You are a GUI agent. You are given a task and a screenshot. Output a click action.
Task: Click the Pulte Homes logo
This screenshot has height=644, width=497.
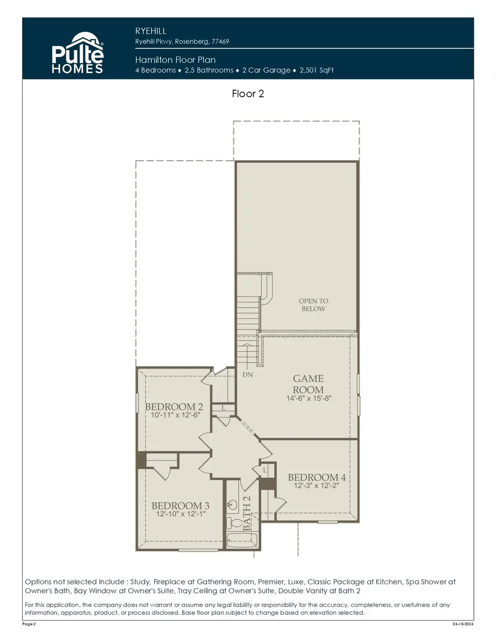77,53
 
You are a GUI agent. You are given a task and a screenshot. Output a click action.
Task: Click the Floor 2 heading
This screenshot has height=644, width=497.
248,93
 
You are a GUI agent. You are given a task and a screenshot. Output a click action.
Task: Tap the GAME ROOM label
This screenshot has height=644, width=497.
308,384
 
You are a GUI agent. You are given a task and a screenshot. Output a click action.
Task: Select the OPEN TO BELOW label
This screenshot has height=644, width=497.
313,305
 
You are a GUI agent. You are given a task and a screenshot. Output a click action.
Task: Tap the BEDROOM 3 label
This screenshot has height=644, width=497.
181,506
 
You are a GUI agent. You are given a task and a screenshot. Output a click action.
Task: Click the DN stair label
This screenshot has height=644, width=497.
248,375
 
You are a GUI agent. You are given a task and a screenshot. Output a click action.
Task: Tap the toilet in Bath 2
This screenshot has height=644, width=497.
234,523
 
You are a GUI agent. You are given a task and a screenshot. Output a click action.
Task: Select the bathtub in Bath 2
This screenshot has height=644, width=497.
242,542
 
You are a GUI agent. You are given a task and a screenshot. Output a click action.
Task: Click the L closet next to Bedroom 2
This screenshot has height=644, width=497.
223,407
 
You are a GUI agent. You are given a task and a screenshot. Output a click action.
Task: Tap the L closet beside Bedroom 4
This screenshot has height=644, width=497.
266,469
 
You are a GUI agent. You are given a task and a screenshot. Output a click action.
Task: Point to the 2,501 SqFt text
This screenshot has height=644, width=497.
316,70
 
